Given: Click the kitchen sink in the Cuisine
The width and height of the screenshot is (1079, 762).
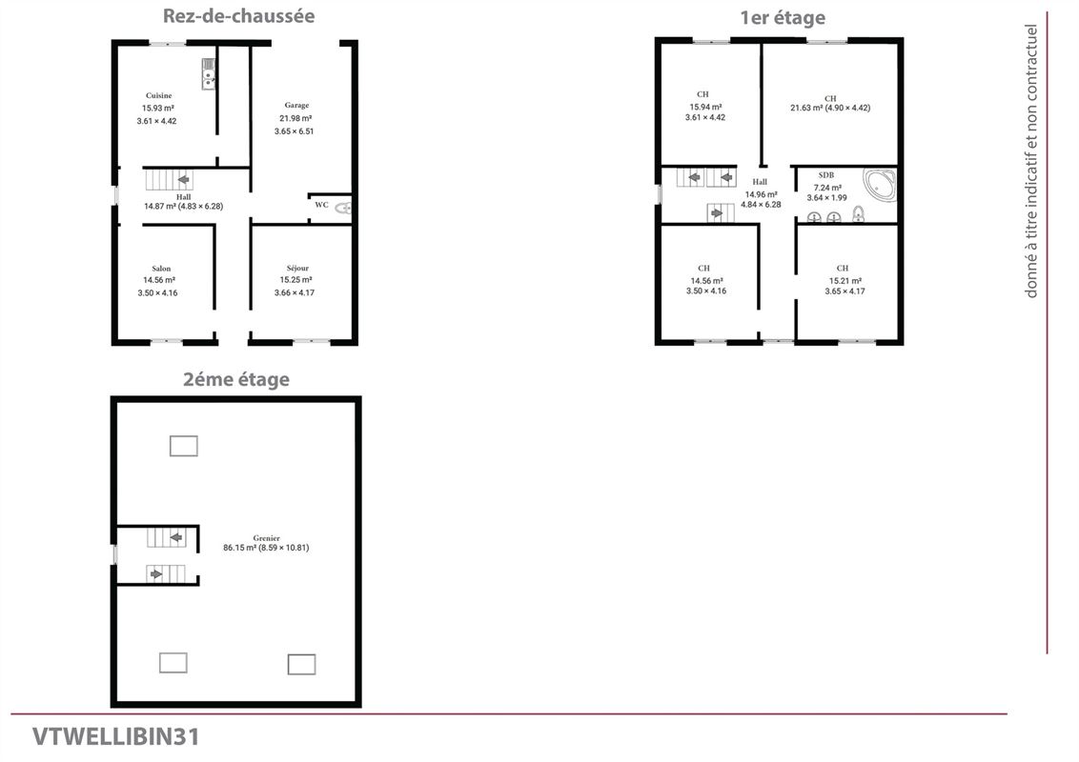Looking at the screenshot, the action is [209, 74].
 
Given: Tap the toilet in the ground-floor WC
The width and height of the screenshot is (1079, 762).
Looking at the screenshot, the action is [343, 208].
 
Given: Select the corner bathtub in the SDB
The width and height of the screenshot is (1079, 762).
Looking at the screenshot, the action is [880, 185].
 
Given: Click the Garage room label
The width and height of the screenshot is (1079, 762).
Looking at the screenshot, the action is [296, 105].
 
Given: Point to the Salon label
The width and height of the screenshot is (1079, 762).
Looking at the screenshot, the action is [161, 269].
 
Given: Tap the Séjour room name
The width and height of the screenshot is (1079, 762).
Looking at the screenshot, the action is [297, 269].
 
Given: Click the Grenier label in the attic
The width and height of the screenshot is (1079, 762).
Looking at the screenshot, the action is [266, 538].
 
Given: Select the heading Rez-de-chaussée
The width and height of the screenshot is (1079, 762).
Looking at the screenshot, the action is [239, 16].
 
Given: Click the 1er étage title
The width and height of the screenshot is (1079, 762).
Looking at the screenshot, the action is [783, 18].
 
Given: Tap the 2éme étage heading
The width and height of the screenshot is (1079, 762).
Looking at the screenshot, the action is [236, 380].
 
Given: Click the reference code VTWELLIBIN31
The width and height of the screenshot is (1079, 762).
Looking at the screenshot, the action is [115, 736].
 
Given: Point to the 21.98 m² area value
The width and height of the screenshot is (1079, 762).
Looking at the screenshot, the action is [295, 118].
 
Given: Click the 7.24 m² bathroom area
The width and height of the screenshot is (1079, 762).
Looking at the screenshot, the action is [827, 188].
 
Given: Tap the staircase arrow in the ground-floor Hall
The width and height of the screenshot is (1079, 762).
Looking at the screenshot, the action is [183, 179].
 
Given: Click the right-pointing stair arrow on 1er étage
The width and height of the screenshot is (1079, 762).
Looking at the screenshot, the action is [717, 213].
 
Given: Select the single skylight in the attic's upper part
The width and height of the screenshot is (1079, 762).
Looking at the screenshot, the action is [184, 447].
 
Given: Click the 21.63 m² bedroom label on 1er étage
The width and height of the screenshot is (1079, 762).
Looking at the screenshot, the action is [830, 108].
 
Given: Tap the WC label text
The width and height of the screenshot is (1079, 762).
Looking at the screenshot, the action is [321, 205].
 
